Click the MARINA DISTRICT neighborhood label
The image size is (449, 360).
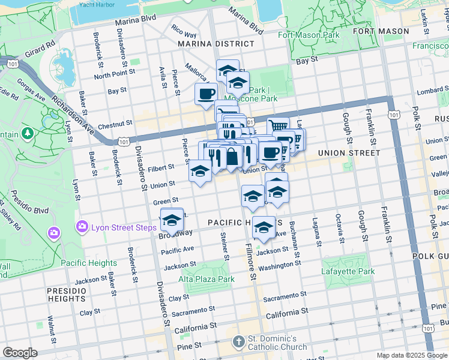tap(215, 44)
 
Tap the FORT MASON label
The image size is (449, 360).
tap(381, 31)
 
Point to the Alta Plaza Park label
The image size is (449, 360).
tap(206, 279)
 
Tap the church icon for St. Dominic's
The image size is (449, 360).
tap(238, 341)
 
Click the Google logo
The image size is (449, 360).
tap(19, 353)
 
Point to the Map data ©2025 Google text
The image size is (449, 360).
tap(410, 355)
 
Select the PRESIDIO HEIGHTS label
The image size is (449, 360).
tap(67, 294)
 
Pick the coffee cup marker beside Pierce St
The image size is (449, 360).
tap(206, 94)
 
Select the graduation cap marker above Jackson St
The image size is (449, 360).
tap(263, 227)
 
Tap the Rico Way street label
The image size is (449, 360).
tap(184, 31)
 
